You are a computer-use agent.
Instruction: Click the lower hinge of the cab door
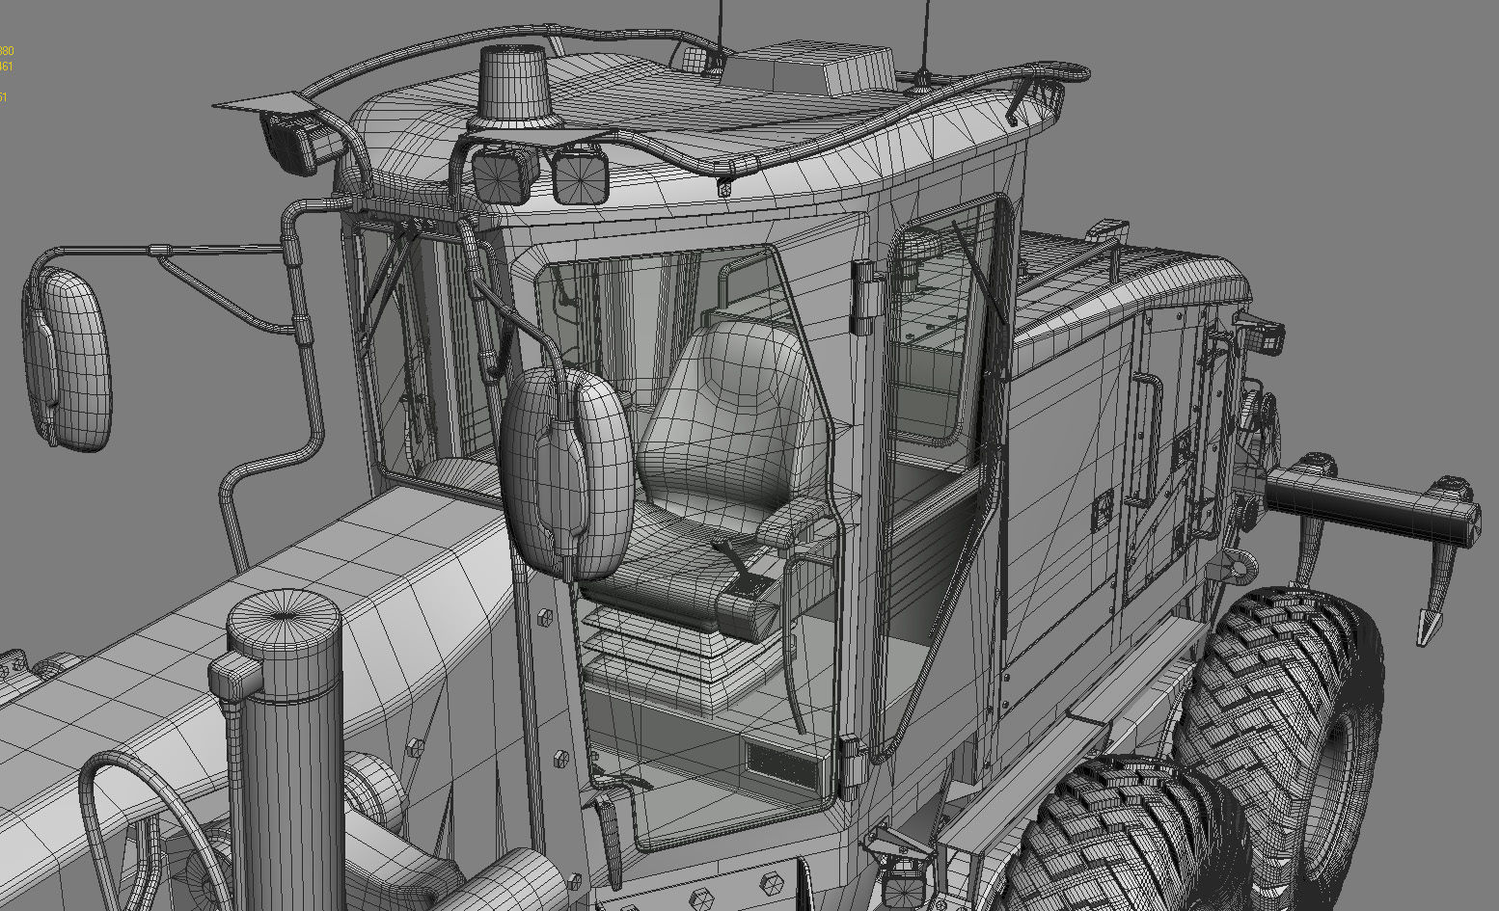(850, 762)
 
